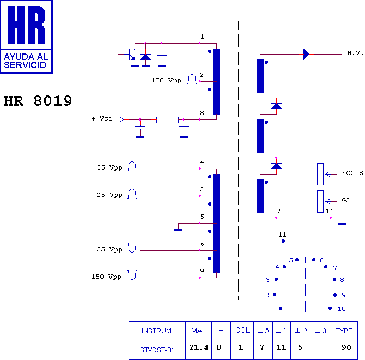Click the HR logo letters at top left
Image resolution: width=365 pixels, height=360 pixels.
pyautogui.click(x=26, y=25)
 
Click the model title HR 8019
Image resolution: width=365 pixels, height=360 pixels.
pyautogui.click(x=38, y=101)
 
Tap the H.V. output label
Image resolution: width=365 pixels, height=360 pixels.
pyautogui.click(x=355, y=53)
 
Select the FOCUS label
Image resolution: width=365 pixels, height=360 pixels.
pyautogui.click(x=352, y=173)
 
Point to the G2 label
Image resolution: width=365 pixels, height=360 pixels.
pyautogui.click(x=346, y=200)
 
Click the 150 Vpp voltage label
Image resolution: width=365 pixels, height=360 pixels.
pyautogui.click(x=106, y=277)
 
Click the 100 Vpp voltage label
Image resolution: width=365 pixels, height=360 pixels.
pyautogui.click(x=166, y=80)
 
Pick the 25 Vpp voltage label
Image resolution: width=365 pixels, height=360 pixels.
pyautogui.click(x=109, y=195)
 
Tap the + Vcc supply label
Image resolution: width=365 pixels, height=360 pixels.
pyautogui.click(x=102, y=118)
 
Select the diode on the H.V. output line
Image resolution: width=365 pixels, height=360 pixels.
pyautogui.click(x=306, y=54)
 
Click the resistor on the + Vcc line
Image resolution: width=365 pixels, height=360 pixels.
pyautogui.click(x=167, y=120)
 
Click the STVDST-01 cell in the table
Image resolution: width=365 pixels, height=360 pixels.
pyautogui.click(x=157, y=350)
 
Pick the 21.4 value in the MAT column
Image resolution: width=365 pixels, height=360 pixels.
pyautogui.click(x=198, y=347)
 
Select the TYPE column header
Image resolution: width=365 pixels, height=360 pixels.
pyautogui.click(x=344, y=331)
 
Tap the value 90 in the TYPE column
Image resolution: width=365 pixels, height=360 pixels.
pyautogui.click(x=346, y=347)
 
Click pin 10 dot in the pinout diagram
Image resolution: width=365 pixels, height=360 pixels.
pyautogui.click(x=330, y=308)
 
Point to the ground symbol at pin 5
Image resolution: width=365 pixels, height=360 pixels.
pyautogui.click(x=178, y=230)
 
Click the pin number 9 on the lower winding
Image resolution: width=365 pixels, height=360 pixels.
pyautogui.click(x=202, y=271)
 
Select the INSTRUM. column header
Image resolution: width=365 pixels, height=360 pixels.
pyautogui.click(x=157, y=331)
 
